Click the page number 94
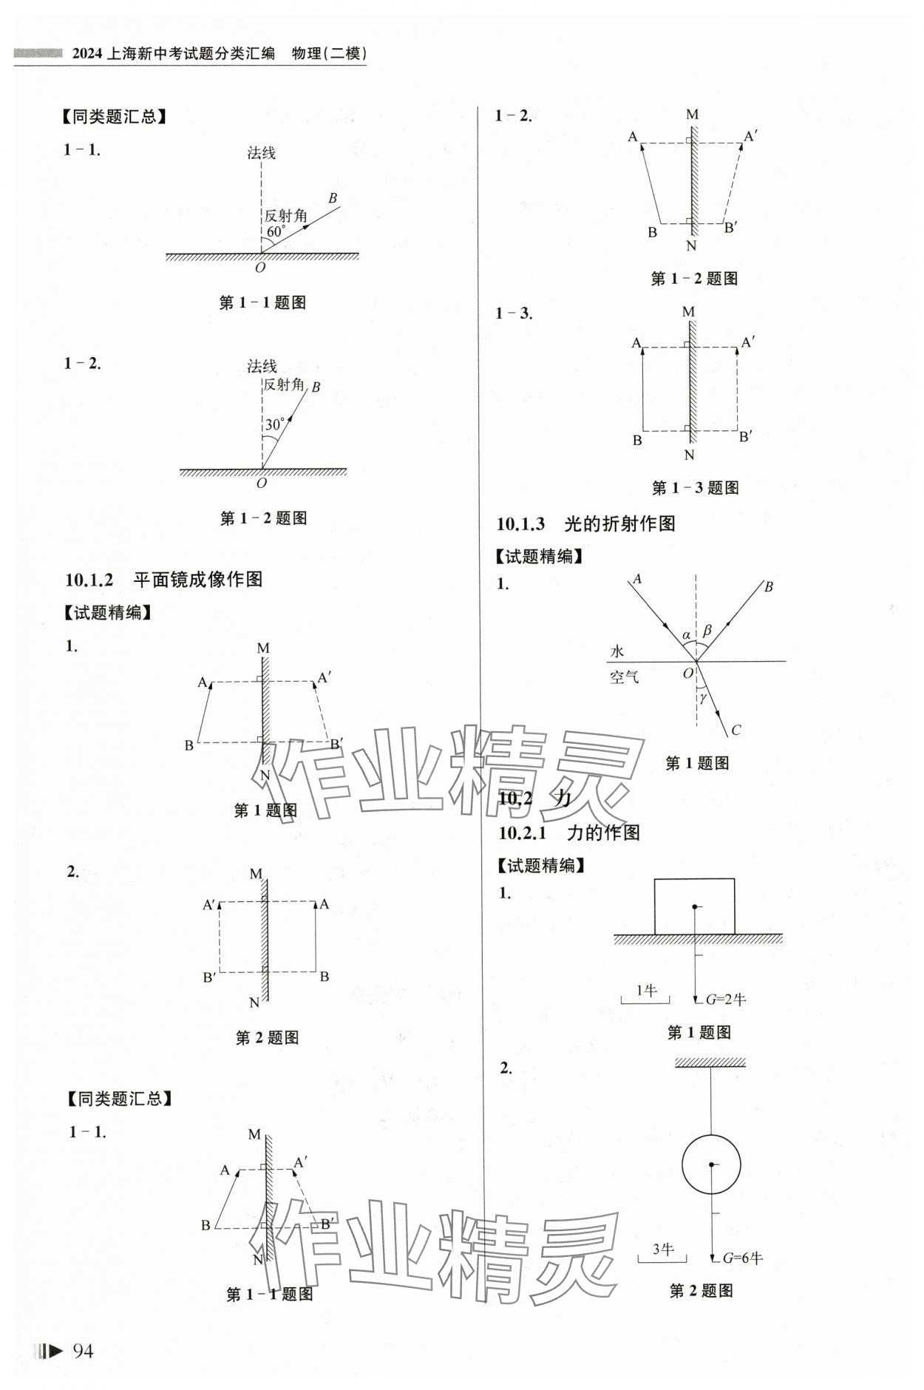(x=83, y=1351)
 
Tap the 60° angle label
(x=276, y=232)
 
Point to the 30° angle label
(x=275, y=424)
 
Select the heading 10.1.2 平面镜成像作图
(x=163, y=579)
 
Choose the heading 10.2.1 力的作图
(x=568, y=833)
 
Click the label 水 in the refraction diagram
(x=617, y=651)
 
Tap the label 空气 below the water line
(x=624, y=676)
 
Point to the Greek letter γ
(x=703, y=696)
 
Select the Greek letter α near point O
(x=686, y=634)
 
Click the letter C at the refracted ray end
(x=736, y=730)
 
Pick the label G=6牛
(x=742, y=1258)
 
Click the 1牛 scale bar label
(x=646, y=991)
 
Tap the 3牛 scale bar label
(x=663, y=1249)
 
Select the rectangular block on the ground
(x=694, y=906)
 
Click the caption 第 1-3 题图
(x=695, y=488)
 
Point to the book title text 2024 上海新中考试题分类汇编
(x=174, y=53)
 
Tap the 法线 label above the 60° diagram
(x=262, y=153)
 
